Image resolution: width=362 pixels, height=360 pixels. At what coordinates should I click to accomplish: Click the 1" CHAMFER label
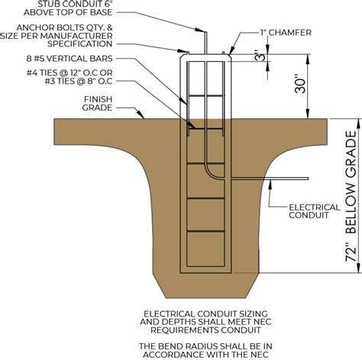pyautogui.click(x=286, y=33)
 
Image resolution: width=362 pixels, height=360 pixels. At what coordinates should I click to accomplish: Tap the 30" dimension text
pyautogui.click(x=300, y=84)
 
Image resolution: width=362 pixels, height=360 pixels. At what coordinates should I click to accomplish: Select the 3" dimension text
pyautogui.click(x=260, y=56)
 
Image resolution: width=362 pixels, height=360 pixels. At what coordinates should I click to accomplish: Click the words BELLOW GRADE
pyautogui.click(x=351, y=182)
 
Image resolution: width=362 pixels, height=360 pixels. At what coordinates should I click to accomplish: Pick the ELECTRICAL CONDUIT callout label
pyautogui.click(x=315, y=211)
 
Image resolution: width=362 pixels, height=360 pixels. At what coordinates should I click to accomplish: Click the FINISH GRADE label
pyautogui.click(x=97, y=104)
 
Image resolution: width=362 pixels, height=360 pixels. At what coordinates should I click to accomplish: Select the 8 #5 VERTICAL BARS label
pyautogui.click(x=69, y=59)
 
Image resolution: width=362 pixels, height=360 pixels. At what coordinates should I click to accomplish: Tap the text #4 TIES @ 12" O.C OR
pyautogui.click(x=69, y=73)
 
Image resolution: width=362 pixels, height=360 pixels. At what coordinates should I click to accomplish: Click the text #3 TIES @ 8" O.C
pyautogui.click(x=79, y=82)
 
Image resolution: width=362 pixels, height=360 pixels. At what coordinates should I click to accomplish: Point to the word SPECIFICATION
pyautogui.click(x=80, y=43)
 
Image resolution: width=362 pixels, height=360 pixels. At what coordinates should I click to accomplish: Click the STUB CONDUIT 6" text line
pyautogui.click(x=75, y=4)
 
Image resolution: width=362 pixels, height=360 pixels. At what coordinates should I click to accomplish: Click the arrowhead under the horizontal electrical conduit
pyautogui.click(x=270, y=184)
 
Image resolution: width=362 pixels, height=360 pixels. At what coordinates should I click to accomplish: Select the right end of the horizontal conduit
pyautogui.click(x=309, y=178)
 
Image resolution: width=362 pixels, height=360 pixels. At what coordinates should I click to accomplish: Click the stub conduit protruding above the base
pyautogui.click(x=205, y=43)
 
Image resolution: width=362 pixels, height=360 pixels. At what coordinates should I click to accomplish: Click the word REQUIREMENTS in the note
pyautogui.click(x=183, y=330)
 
